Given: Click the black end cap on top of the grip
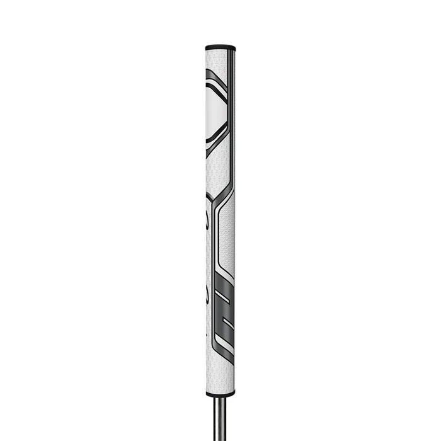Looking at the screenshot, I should (x=220, y=47).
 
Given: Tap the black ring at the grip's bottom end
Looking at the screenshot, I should (x=220, y=394).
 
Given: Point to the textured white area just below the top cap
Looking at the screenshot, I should (x=220, y=60).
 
